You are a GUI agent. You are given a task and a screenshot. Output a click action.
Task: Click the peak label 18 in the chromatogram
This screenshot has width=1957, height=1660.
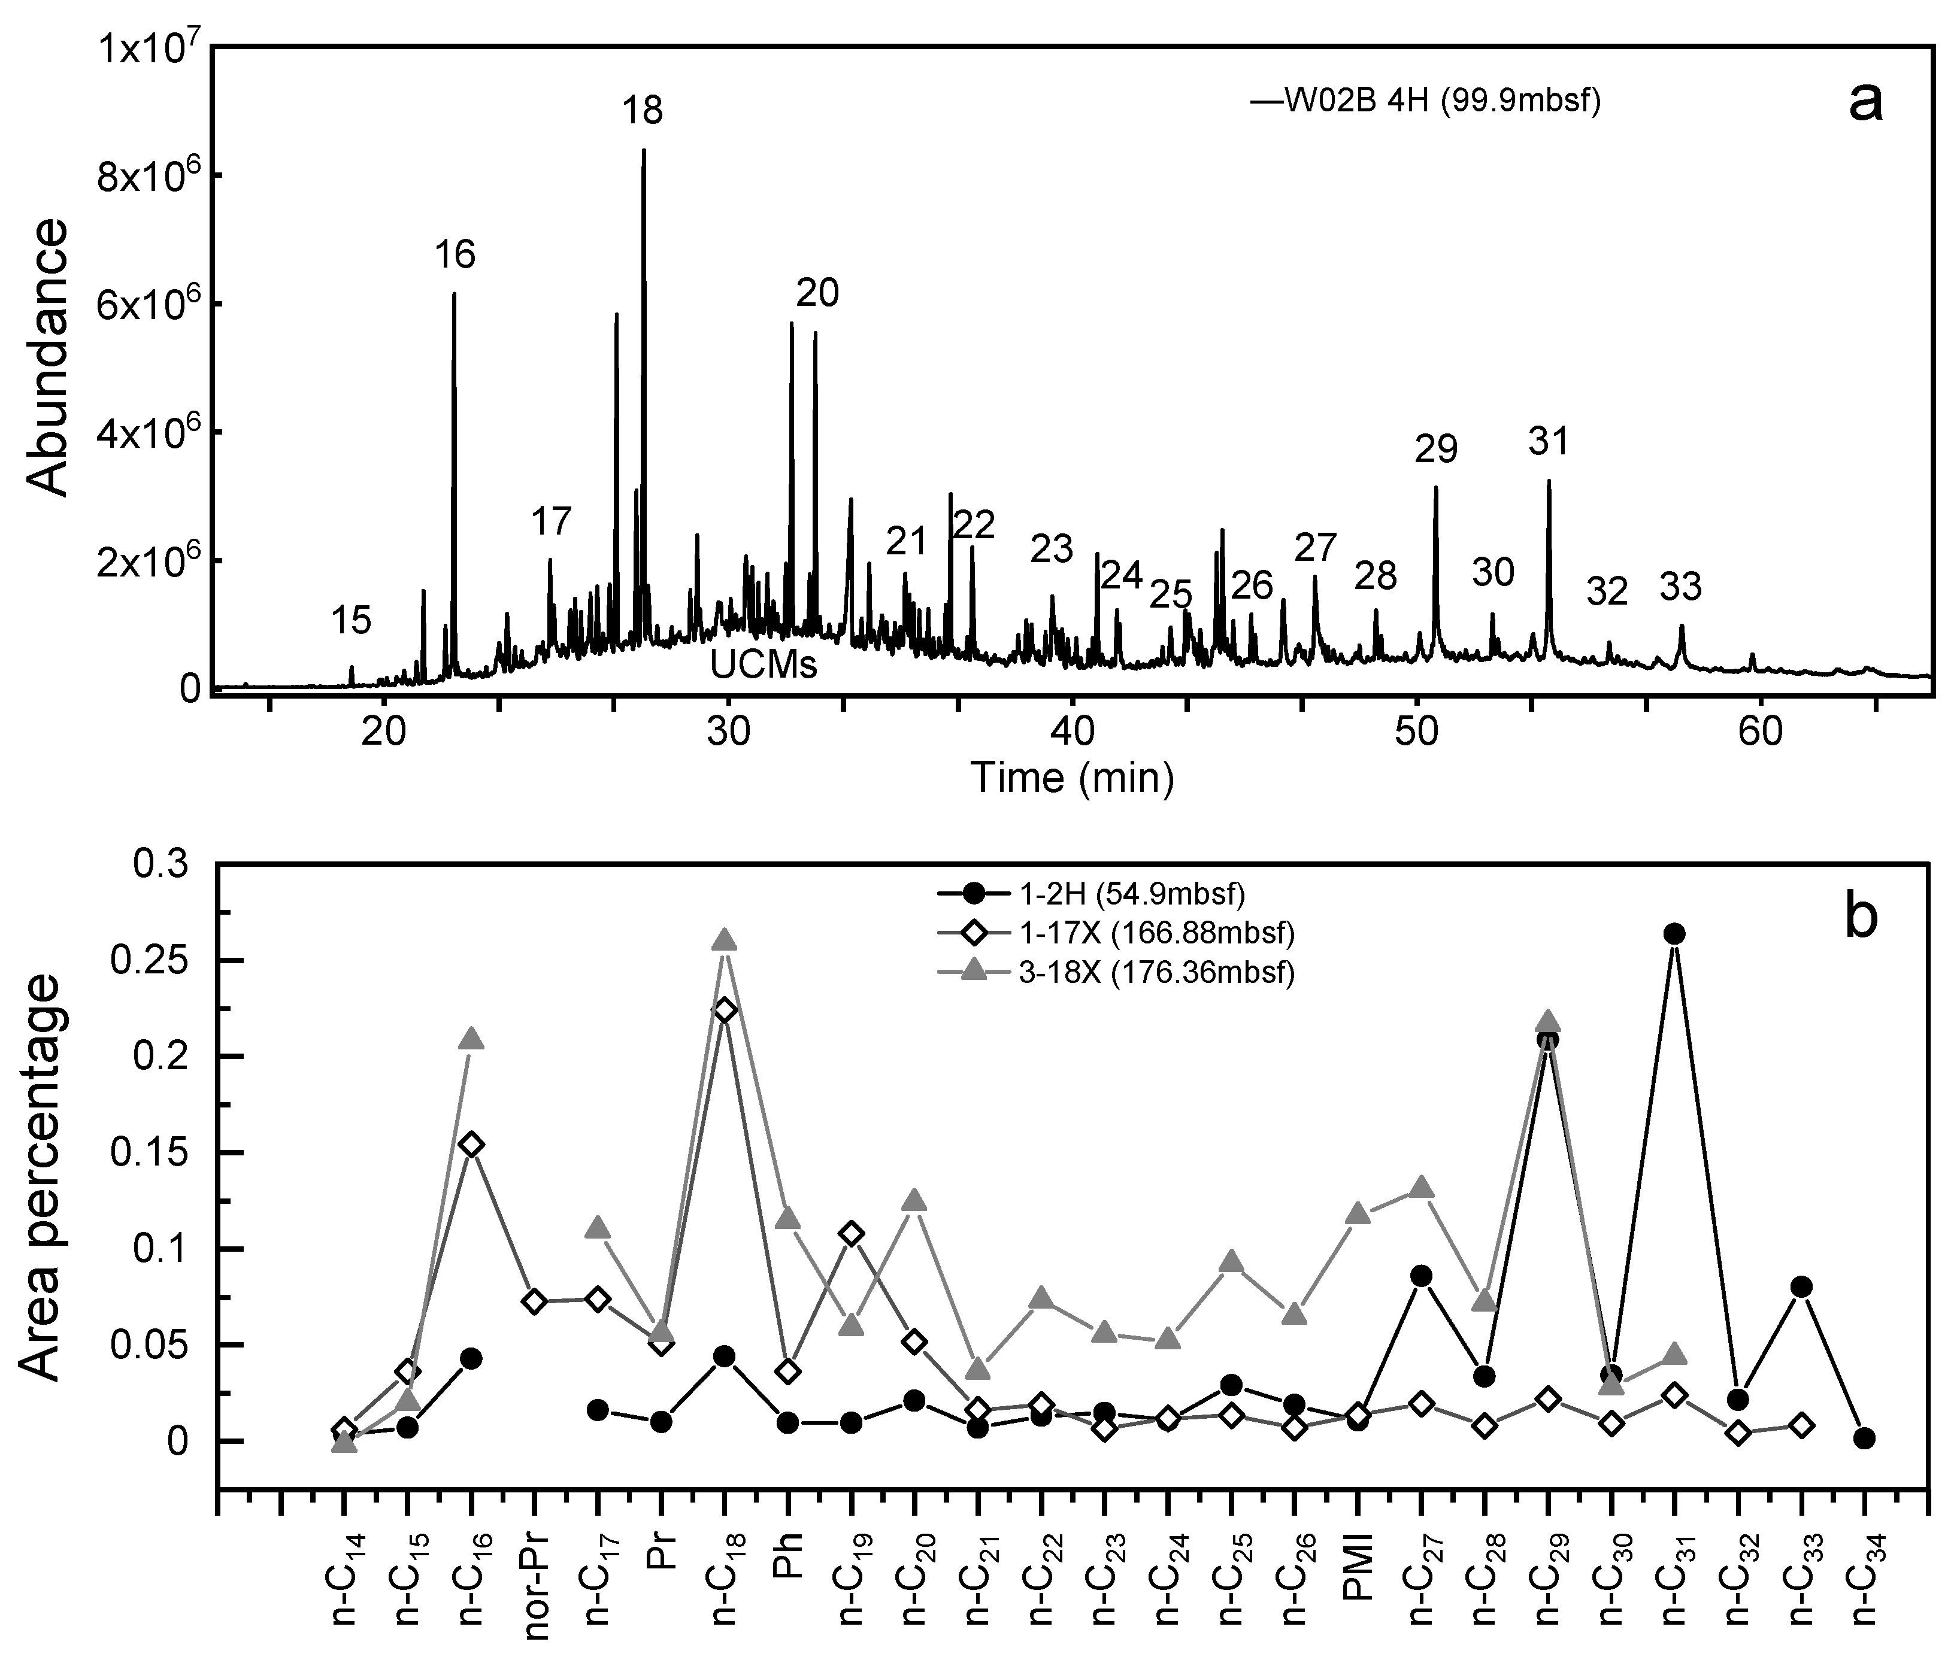tap(643, 111)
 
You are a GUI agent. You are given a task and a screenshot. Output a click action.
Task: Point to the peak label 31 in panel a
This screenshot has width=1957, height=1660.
tap(1549, 441)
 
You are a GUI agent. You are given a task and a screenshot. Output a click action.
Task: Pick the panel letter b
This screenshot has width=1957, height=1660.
tap(1861, 918)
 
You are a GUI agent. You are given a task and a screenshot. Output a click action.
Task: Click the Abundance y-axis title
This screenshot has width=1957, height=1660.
tap(47, 357)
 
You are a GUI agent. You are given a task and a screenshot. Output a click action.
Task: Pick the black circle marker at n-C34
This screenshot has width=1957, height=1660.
tap(1865, 1438)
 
